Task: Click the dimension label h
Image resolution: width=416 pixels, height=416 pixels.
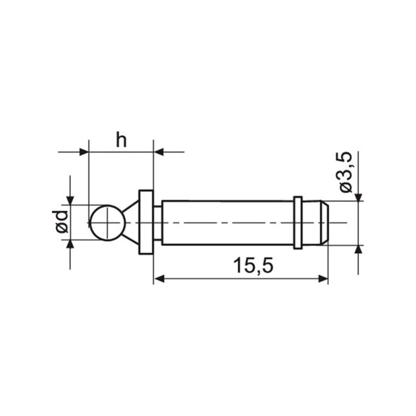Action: [121, 140]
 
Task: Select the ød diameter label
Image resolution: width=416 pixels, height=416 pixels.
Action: [61, 222]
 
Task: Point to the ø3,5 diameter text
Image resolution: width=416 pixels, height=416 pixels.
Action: [345, 172]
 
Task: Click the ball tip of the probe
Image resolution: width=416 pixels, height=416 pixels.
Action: [108, 223]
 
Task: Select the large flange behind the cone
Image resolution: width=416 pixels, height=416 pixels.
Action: [146, 222]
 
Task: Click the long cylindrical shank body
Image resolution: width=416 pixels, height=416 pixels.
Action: [228, 223]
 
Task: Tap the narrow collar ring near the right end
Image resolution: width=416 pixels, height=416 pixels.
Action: [298, 223]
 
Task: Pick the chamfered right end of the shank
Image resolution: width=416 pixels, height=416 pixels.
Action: [324, 223]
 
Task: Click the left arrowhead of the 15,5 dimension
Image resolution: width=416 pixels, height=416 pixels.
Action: [159, 279]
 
